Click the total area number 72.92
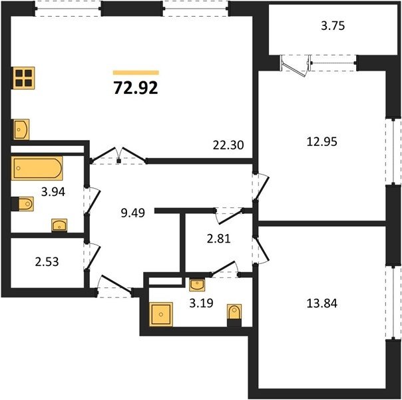[x=136, y=88]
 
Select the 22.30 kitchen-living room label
[x=228, y=145]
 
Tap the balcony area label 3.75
[x=333, y=26]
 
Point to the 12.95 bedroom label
[x=322, y=141]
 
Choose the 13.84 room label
[x=322, y=303]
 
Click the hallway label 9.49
[x=133, y=213]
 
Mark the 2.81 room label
[x=219, y=239]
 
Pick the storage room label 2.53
[x=47, y=262]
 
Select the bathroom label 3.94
[x=53, y=192]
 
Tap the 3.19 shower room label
[x=201, y=303]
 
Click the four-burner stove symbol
[x=23, y=78]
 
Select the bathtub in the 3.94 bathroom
[x=37, y=168]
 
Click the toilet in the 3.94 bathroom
[x=23, y=204]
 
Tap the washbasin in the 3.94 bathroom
[x=59, y=226]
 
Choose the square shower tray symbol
[x=161, y=314]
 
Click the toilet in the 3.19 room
[x=234, y=315]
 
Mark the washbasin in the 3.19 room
[x=197, y=285]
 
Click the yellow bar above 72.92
[x=136, y=73]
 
